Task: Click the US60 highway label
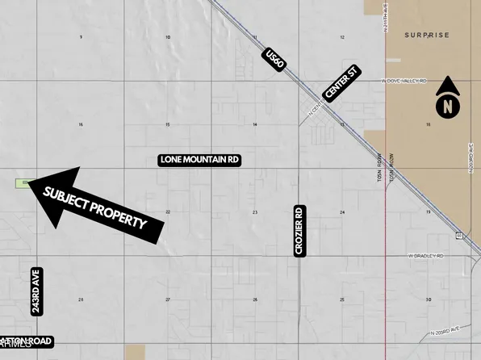tap(275, 60)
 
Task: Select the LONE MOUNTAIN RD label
tap(200, 160)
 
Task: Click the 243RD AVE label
tap(36, 291)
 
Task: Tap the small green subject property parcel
tap(22, 183)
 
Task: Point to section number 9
tap(81, 38)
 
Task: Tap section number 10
tap(168, 38)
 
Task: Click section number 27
tap(168, 300)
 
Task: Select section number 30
tap(429, 300)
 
